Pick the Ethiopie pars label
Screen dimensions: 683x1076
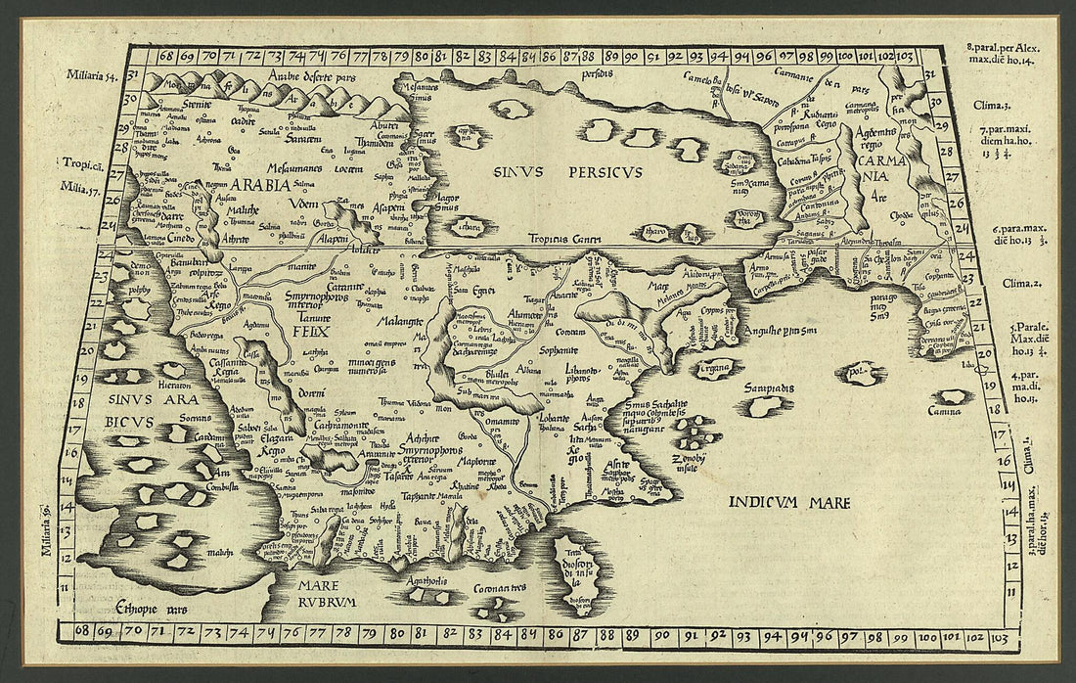click(150, 608)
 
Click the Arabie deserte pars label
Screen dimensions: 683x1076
click(308, 74)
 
